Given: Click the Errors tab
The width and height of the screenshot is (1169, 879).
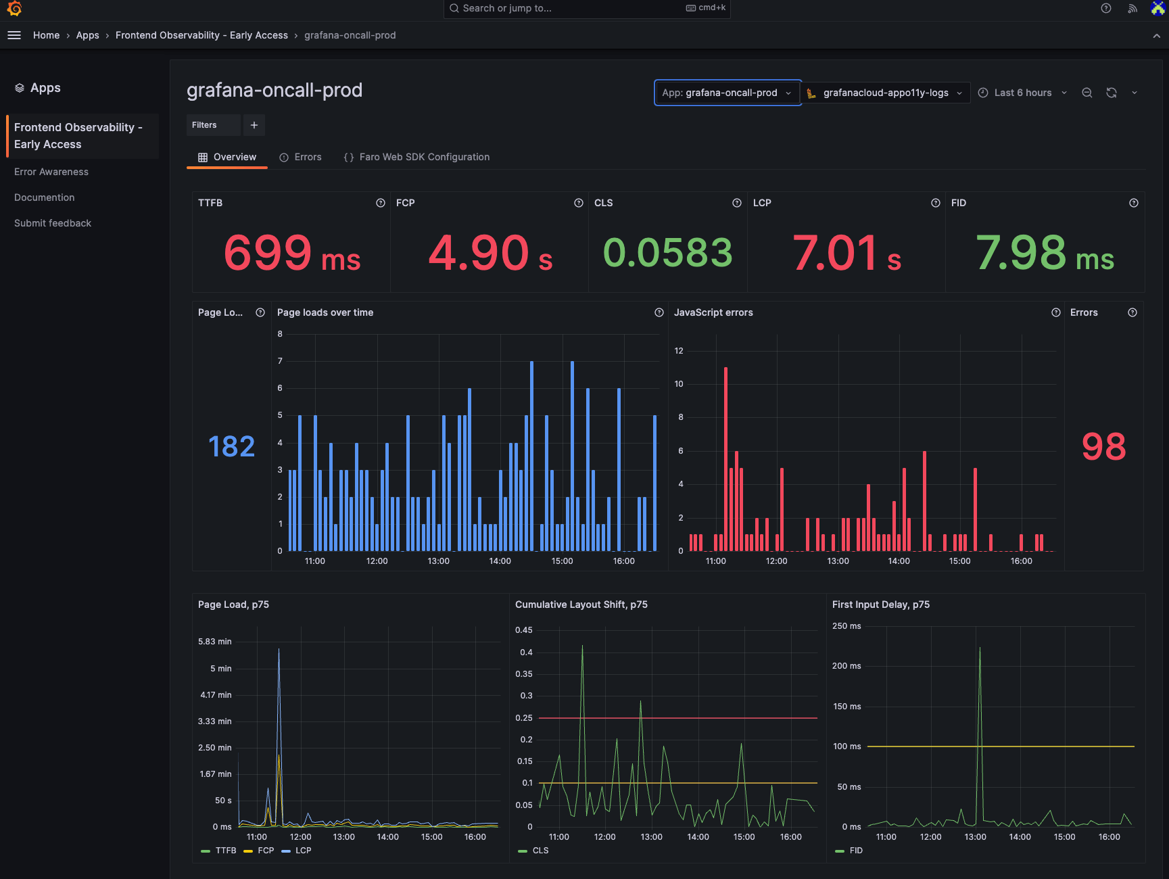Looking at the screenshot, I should coord(301,157).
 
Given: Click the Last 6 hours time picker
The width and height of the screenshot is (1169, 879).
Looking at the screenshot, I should coord(1022,93).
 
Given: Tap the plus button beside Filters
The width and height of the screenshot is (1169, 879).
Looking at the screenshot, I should coord(254,125).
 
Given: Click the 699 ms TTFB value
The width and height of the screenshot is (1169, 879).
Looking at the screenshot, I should coord(291,254).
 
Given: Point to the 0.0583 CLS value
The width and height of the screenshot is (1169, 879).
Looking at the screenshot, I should coord(667,254).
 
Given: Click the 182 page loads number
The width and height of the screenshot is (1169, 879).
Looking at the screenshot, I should coord(231,447).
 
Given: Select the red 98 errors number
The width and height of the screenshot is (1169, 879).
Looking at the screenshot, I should coord(1103,447).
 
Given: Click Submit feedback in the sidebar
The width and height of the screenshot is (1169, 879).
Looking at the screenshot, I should coord(53,223).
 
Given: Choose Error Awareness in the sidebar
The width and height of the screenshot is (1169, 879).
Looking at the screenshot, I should coord(51,172).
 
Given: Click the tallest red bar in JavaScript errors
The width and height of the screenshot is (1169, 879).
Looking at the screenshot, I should coord(725,460).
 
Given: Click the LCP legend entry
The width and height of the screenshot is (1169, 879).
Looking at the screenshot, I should coord(303,851).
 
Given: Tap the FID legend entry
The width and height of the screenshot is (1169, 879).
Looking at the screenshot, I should coord(855,851).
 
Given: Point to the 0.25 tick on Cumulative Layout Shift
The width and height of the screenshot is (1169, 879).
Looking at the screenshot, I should coord(524,718).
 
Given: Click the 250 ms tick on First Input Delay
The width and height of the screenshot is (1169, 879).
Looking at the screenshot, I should coord(846,626).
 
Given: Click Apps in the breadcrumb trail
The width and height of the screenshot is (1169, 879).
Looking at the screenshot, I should coord(87,35).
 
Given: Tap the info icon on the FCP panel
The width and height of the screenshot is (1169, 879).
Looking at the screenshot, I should coord(579,203).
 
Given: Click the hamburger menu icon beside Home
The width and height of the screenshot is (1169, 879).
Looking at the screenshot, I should coord(14,35).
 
